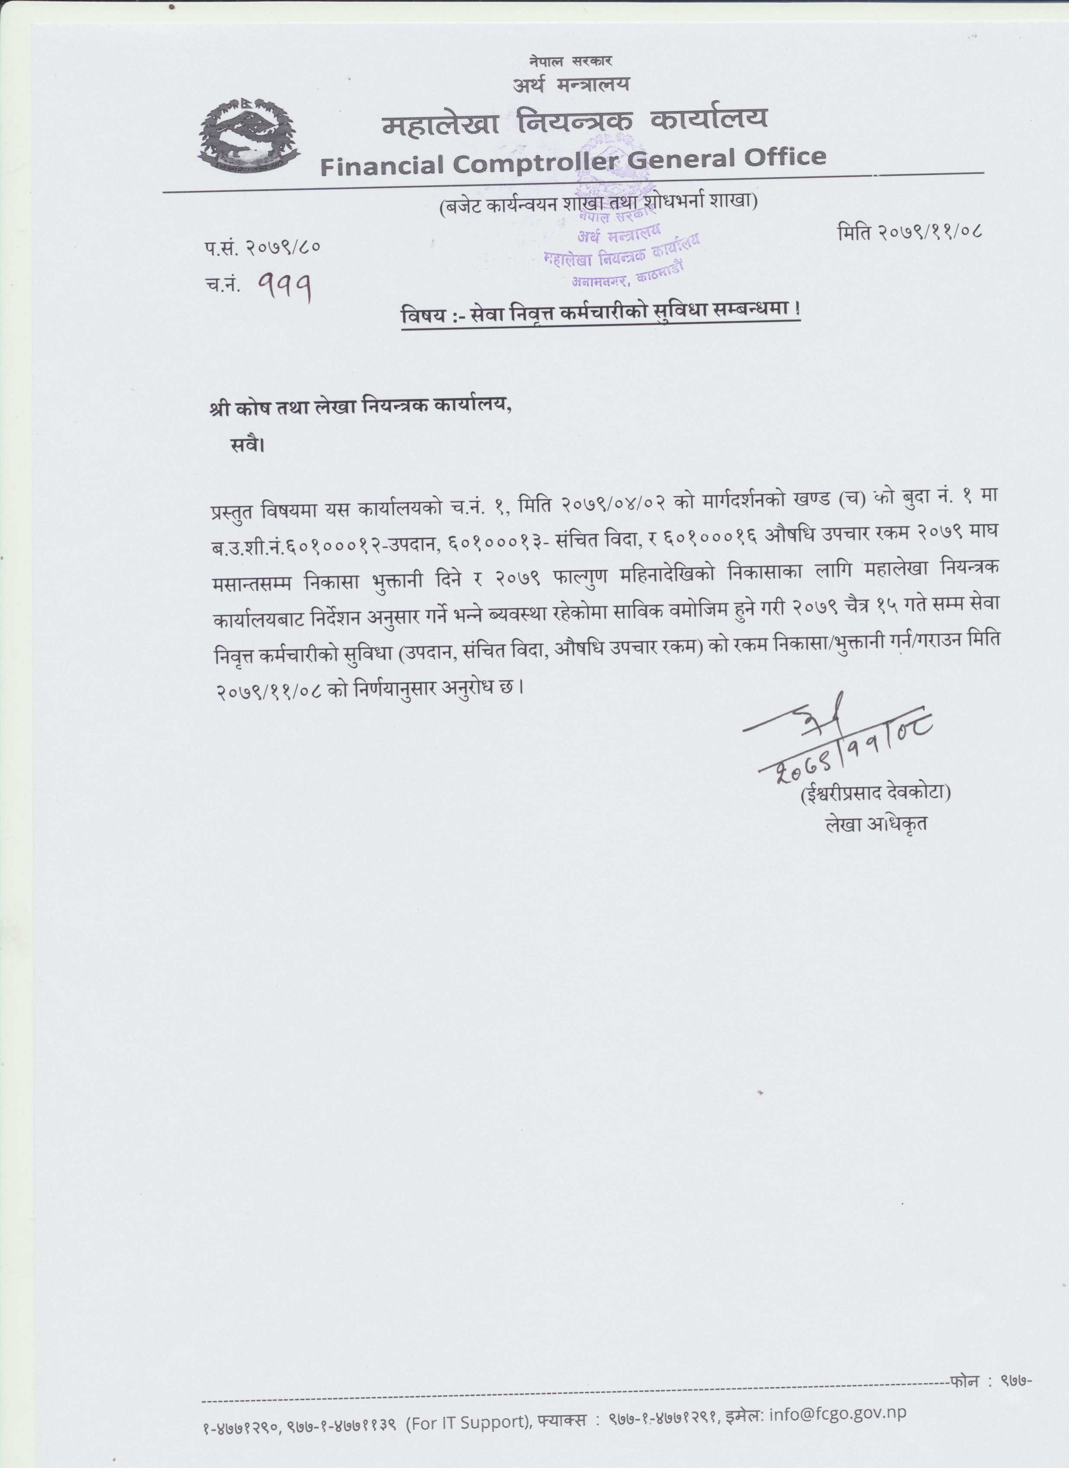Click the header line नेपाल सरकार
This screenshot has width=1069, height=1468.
click(570, 61)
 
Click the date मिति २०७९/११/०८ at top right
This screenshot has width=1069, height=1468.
click(909, 231)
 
